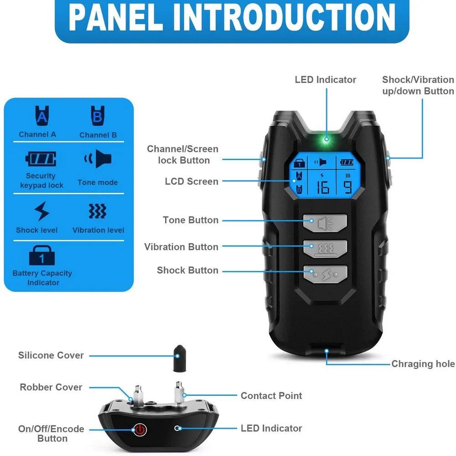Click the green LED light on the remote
pyautogui.click(x=326, y=139)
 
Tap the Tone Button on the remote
pyautogui.click(x=325, y=223)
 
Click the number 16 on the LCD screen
pyautogui.click(x=322, y=187)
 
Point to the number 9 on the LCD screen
pyautogui.click(x=347, y=187)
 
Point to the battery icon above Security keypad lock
pyautogui.click(x=41, y=159)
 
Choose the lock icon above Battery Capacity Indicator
pyautogui.click(x=42, y=255)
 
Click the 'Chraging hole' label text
pyautogui.click(x=423, y=363)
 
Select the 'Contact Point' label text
pyautogui.click(x=271, y=396)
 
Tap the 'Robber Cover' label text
pyautogui.click(x=51, y=387)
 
